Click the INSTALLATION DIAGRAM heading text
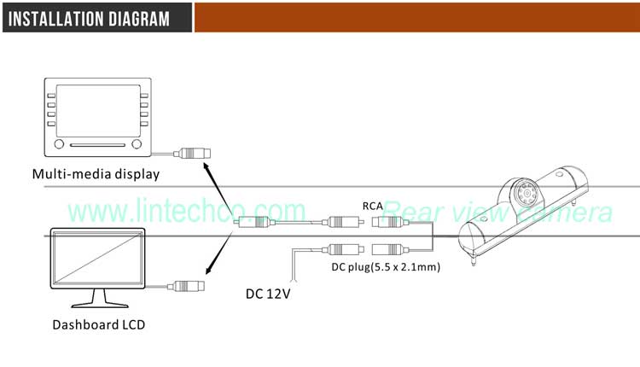click(x=89, y=19)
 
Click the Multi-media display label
click(x=96, y=175)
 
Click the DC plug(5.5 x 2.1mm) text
click(x=385, y=266)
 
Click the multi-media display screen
click(x=97, y=110)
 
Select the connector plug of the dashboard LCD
click(x=186, y=285)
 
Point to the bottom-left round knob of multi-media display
click(x=58, y=144)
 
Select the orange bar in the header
click(x=416, y=17)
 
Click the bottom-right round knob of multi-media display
click(x=137, y=144)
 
